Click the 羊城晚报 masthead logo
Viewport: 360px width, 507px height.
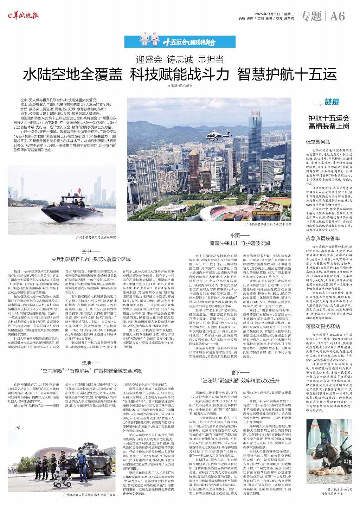click(x=24, y=15)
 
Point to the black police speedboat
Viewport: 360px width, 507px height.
click(x=69, y=211)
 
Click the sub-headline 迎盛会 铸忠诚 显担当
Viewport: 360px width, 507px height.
click(x=180, y=59)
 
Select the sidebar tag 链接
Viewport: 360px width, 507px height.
click(x=332, y=102)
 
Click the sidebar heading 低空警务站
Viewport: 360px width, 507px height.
click(x=318, y=142)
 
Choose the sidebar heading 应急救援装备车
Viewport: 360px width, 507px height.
click(x=323, y=238)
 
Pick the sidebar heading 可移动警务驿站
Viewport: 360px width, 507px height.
click(x=323, y=326)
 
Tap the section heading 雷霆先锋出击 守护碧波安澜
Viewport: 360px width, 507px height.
click(x=240, y=243)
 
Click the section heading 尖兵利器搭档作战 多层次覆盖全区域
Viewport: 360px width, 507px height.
click(x=91, y=259)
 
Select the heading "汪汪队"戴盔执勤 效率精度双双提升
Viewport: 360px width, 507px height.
click(x=240, y=380)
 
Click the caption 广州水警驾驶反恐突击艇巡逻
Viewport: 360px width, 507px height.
click(x=96, y=237)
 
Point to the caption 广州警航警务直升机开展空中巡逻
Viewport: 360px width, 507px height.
click(x=268, y=224)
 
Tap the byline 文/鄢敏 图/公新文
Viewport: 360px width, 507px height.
click(x=180, y=86)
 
